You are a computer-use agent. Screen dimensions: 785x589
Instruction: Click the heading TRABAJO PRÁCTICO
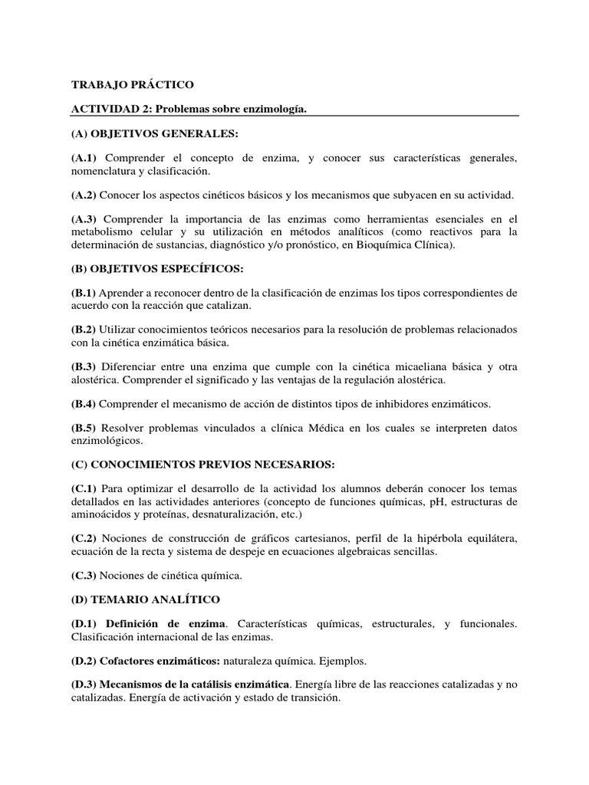pos(133,84)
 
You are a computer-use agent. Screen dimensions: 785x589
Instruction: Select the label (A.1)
pos(85,158)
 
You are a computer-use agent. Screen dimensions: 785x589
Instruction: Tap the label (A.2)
pos(85,195)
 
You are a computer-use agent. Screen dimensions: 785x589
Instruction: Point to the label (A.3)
pos(85,219)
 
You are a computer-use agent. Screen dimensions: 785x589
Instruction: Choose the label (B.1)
pos(85,293)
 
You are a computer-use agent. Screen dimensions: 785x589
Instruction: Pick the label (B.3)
pos(85,366)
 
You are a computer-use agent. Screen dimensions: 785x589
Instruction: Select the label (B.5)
pos(85,428)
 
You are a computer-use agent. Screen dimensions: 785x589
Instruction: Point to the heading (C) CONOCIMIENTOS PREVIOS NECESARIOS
pos(205,465)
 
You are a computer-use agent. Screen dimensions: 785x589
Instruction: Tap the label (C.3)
pos(85,575)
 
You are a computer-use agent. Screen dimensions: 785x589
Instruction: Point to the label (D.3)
pos(85,685)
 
